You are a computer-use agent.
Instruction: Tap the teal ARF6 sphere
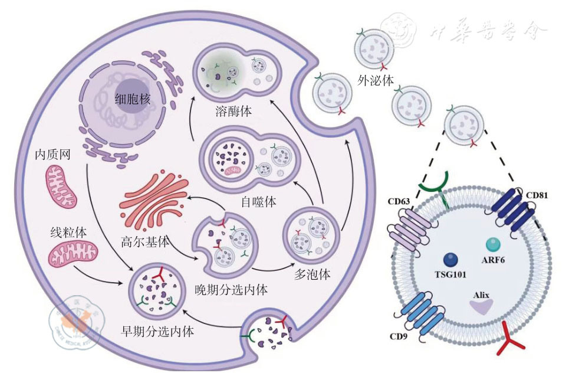[x=492, y=243]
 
